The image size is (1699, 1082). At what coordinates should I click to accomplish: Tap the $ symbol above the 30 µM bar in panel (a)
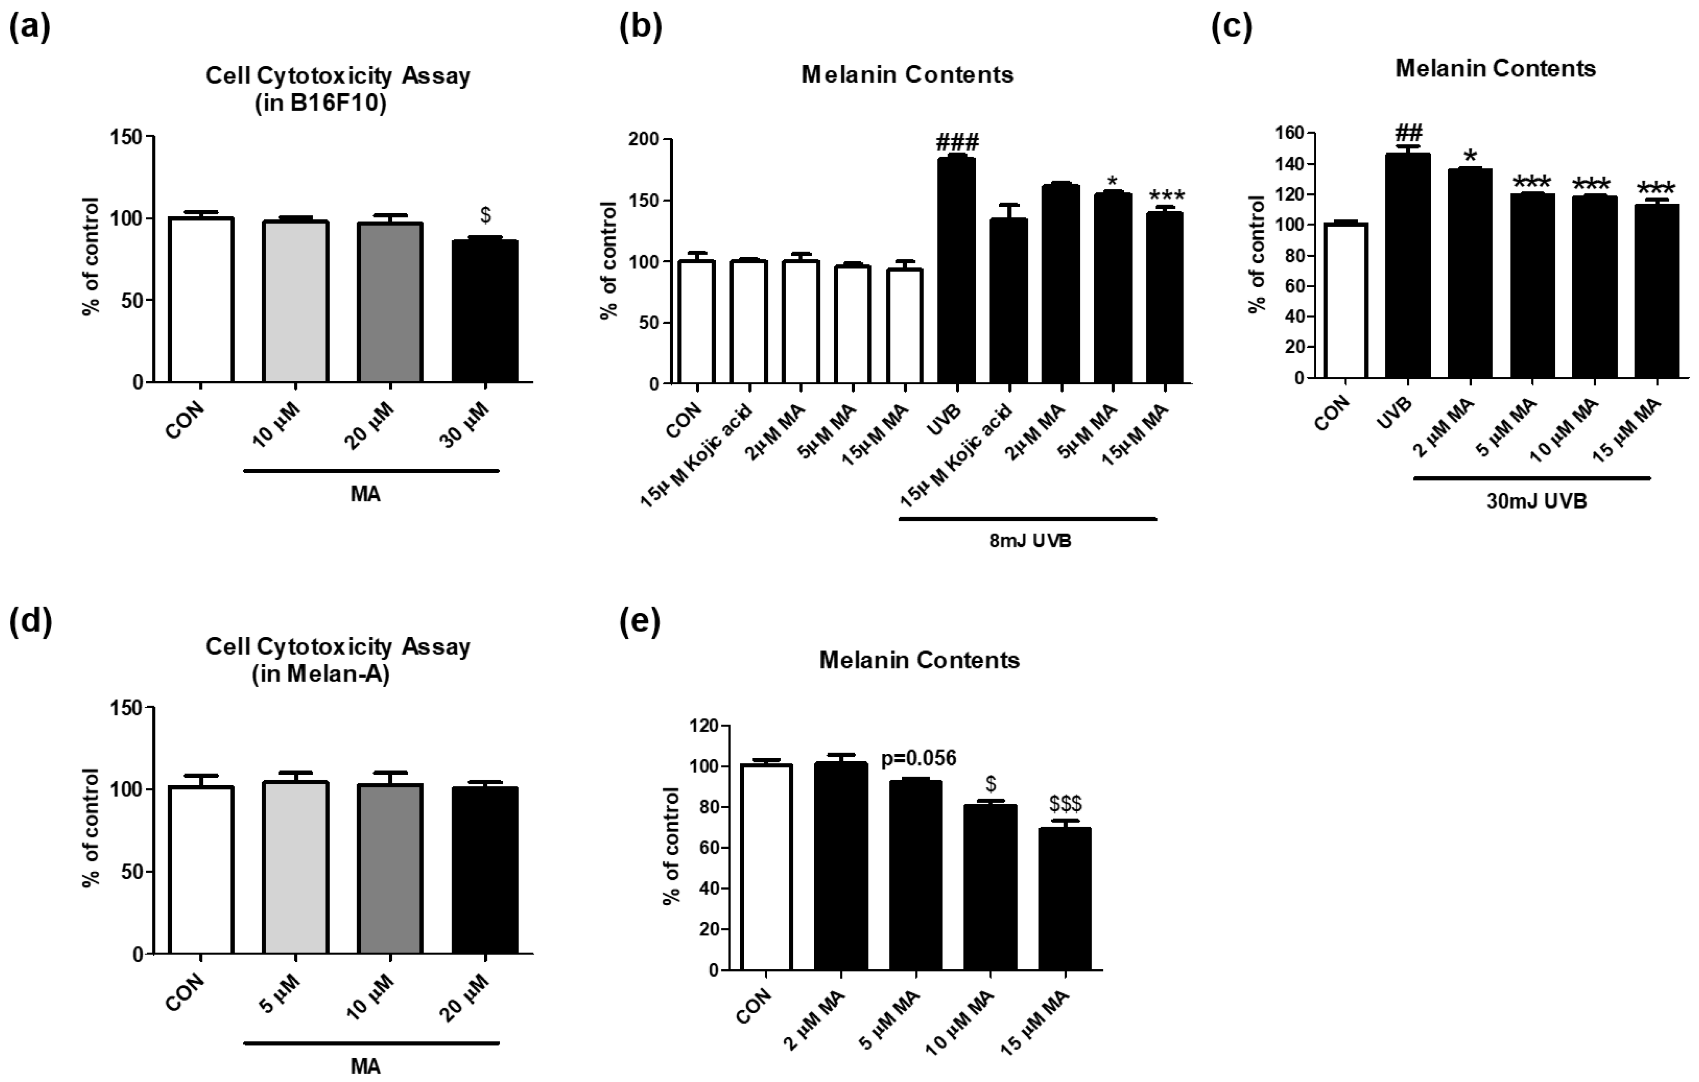coord(485,215)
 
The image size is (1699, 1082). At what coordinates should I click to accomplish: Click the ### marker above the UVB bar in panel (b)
coord(957,143)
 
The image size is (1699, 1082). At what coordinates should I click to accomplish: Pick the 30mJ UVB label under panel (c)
coord(1536,501)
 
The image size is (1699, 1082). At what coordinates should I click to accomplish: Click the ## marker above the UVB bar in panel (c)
coord(1408,133)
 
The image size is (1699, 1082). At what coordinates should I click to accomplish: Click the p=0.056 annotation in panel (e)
coord(919,758)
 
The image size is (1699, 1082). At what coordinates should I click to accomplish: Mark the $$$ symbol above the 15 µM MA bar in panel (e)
coord(1065,803)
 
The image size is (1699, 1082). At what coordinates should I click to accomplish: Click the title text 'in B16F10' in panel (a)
coord(320,104)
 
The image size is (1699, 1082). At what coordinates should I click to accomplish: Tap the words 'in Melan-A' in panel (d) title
coord(320,674)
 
